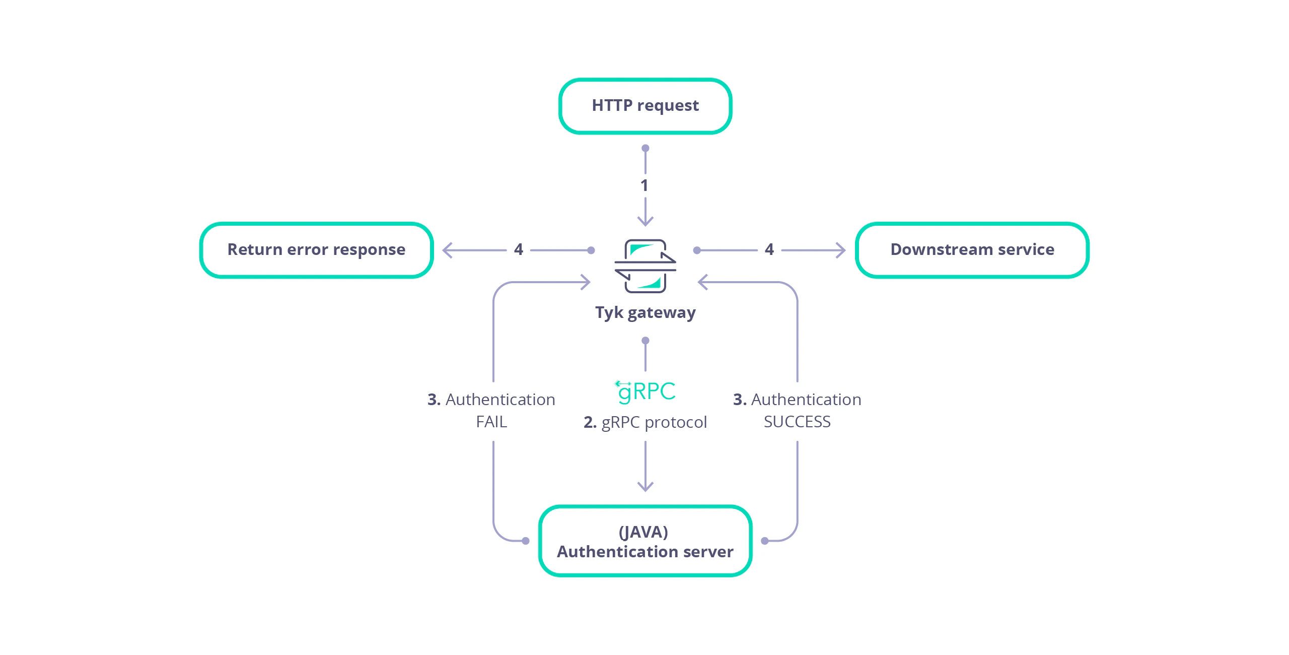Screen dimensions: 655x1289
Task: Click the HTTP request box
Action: pyautogui.click(x=645, y=106)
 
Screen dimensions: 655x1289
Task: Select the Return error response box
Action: pyautogui.click(x=316, y=250)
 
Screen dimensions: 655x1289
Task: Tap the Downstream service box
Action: pyautogui.click(x=972, y=250)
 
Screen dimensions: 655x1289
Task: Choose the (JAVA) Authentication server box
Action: pyautogui.click(x=645, y=541)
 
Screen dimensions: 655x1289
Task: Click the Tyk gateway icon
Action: pyautogui.click(x=645, y=266)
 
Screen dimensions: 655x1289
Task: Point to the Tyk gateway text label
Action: pyautogui.click(x=645, y=313)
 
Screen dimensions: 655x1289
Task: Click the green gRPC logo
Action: pyautogui.click(x=646, y=391)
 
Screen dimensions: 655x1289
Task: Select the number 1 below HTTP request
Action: pyautogui.click(x=644, y=185)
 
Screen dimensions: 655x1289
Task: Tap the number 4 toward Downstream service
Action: pyautogui.click(x=769, y=249)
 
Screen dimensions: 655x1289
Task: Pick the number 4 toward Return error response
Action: pyautogui.click(x=518, y=249)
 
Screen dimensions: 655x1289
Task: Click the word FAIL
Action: pyautogui.click(x=491, y=422)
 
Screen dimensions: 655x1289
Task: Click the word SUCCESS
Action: pyautogui.click(x=797, y=422)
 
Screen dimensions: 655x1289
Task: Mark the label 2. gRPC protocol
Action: pyautogui.click(x=645, y=422)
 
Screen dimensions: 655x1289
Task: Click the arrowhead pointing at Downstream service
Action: pyautogui.click(x=841, y=250)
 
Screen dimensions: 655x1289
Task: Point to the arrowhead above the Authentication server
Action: pyautogui.click(x=645, y=487)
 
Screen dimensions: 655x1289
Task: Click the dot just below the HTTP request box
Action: pyautogui.click(x=645, y=148)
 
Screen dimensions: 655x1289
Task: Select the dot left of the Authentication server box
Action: pyautogui.click(x=526, y=541)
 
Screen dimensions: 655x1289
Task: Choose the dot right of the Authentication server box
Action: pyautogui.click(x=765, y=541)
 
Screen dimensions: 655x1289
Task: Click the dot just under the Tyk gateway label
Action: pyautogui.click(x=645, y=341)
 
